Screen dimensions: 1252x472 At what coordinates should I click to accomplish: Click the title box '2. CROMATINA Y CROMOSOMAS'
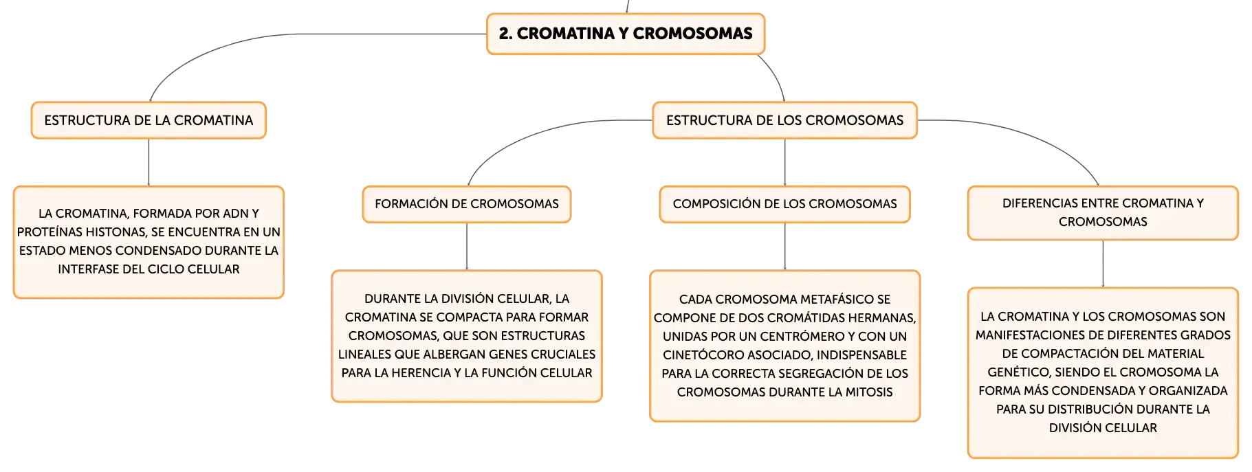pyautogui.click(x=626, y=34)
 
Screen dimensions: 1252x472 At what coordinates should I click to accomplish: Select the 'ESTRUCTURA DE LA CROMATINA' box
pyautogui.click(x=149, y=120)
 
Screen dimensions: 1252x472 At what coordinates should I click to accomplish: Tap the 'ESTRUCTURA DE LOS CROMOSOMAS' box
pyautogui.click(x=784, y=120)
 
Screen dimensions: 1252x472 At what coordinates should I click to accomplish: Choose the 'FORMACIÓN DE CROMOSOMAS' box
pyautogui.click(x=467, y=204)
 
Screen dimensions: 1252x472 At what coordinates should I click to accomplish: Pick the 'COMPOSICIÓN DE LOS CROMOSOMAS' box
pyautogui.click(x=784, y=204)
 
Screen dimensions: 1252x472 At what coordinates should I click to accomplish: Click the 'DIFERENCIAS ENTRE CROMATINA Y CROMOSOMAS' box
pyautogui.click(x=1103, y=212)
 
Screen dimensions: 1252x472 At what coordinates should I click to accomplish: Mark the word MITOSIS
pyautogui.click(x=870, y=392)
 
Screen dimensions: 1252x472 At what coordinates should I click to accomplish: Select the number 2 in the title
pyautogui.click(x=504, y=34)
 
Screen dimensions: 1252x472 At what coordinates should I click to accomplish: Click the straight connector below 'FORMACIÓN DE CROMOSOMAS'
pyautogui.click(x=467, y=247)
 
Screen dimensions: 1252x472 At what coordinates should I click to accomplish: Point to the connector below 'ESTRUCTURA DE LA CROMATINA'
pyautogui.click(x=149, y=162)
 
